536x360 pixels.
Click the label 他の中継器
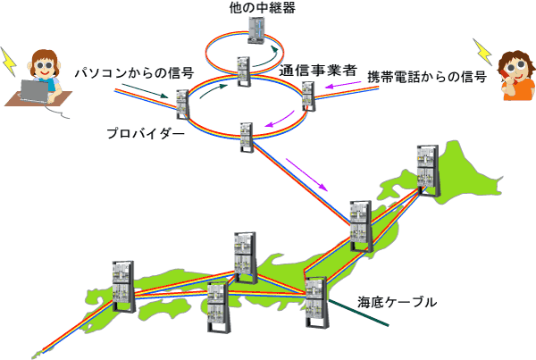click(262, 7)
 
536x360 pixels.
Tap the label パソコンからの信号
click(134, 73)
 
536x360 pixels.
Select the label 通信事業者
click(318, 71)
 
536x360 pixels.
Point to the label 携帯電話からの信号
click(427, 77)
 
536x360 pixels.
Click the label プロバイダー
click(146, 133)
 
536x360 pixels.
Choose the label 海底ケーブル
click(398, 302)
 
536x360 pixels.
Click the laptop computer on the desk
click(34, 91)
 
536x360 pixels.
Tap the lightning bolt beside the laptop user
click(9, 62)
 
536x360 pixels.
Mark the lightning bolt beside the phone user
click(482, 52)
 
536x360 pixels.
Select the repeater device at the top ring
click(256, 30)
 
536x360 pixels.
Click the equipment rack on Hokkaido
click(428, 171)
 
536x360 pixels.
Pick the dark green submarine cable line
click(358, 313)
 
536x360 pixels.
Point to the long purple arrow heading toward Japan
click(306, 175)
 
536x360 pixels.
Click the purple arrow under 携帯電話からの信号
click(343, 85)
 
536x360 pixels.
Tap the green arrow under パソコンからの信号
click(145, 90)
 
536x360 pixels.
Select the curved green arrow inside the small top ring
click(266, 57)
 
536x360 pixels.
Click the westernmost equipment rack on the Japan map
click(124, 287)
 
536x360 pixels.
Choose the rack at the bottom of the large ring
click(247, 137)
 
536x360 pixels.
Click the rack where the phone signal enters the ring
click(308, 96)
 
